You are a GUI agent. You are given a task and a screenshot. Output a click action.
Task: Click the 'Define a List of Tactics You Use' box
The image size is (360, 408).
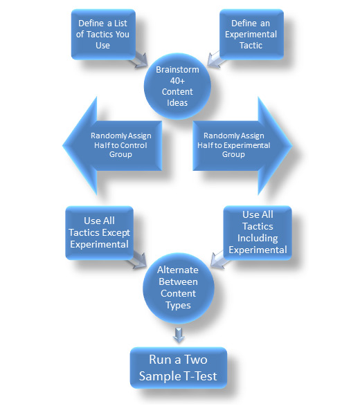click(103, 35)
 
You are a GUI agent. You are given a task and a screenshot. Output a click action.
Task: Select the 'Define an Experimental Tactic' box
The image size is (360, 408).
click(251, 35)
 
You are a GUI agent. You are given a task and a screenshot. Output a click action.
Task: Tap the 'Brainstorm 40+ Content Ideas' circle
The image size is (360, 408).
click(177, 86)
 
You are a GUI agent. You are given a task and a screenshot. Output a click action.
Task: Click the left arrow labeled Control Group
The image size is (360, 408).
click(112, 146)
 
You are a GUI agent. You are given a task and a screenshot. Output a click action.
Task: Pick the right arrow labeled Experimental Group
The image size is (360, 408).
click(242, 146)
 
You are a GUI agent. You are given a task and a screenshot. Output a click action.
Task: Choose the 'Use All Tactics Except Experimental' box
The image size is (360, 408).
click(99, 233)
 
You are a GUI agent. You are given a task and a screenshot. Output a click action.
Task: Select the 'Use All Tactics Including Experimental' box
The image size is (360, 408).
click(258, 232)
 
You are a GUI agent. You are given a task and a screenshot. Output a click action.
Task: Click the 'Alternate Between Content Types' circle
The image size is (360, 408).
click(179, 288)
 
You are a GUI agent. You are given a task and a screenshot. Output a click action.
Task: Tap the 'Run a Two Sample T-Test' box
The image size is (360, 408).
click(179, 368)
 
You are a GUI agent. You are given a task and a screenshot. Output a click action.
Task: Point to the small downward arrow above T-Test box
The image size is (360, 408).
click(179, 335)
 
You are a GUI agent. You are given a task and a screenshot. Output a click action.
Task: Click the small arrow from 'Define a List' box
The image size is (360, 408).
click(139, 60)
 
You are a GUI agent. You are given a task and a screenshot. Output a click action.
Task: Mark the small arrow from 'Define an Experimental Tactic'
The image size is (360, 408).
click(216, 59)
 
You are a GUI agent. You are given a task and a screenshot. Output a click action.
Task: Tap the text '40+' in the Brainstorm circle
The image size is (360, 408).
click(177, 81)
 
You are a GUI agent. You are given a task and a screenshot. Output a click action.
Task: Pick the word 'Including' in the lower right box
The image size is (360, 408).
click(258, 239)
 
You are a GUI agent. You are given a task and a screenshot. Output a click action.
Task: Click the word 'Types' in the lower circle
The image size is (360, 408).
click(178, 306)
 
